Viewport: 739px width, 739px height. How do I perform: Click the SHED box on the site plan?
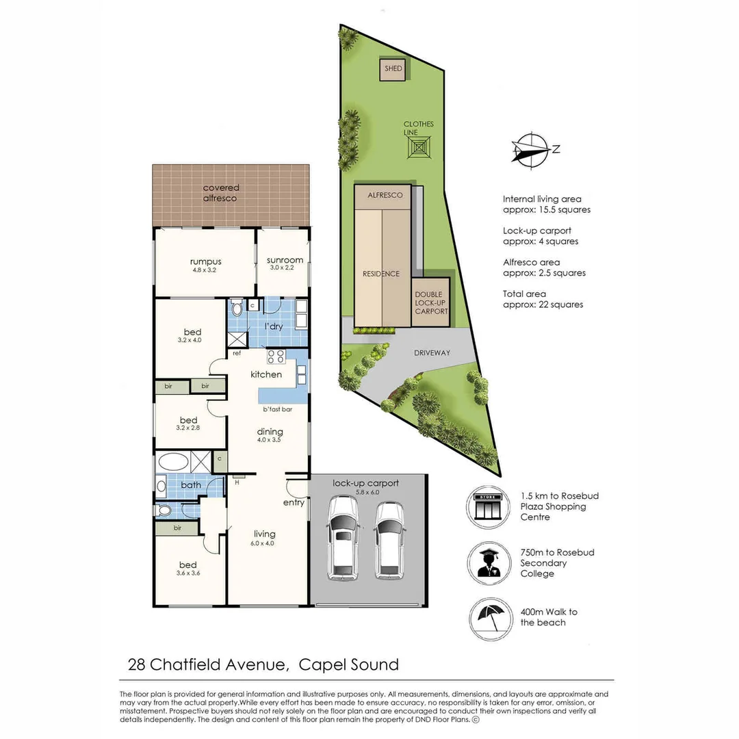pyautogui.click(x=393, y=68)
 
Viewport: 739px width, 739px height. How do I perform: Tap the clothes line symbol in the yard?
pyautogui.click(x=418, y=146)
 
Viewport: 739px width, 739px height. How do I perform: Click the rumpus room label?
pyautogui.click(x=205, y=261)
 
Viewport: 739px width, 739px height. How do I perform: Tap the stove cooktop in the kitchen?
pyautogui.click(x=276, y=356)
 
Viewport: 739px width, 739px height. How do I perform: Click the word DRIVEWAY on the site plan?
pyautogui.click(x=432, y=353)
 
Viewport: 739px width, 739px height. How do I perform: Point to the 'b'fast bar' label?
pyautogui.click(x=277, y=410)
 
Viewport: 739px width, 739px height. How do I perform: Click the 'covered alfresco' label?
pyautogui.click(x=221, y=193)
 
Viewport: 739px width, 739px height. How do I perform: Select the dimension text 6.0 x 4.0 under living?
pyautogui.click(x=264, y=545)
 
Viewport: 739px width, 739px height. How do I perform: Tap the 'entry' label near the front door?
pyautogui.click(x=294, y=503)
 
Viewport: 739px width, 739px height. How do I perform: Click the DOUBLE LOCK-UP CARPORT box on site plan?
pyautogui.click(x=431, y=302)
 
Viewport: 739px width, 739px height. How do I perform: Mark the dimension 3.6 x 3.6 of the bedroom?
pyautogui.click(x=187, y=575)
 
